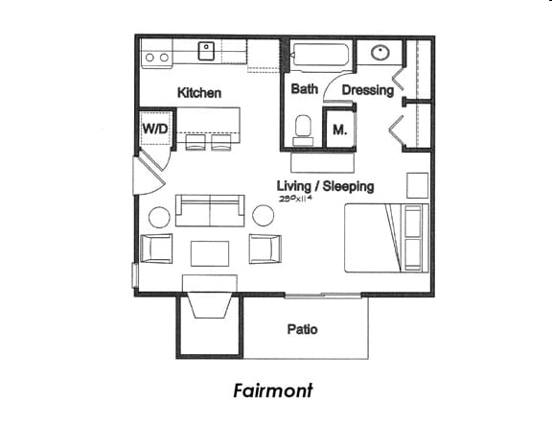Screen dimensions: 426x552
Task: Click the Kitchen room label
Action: coord(199,93)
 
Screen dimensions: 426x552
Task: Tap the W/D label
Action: coord(154,128)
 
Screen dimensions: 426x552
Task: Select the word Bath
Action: coord(305,89)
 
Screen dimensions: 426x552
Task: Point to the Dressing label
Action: coord(368,91)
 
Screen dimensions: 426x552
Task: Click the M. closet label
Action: coord(339,130)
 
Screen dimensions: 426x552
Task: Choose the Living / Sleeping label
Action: coord(325,186)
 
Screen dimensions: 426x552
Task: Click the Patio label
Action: coord(302,329)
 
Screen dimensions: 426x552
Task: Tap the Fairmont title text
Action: coord(272,390)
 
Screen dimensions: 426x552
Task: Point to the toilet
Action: coord(303,128)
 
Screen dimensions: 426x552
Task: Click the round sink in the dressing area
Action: coord(378,53)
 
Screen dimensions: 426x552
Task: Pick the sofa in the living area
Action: coord(211,210)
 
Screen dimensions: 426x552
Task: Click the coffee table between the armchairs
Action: coord(210,252)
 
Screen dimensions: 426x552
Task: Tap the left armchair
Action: coord(156,248)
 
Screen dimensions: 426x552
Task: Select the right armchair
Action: coord(265,248)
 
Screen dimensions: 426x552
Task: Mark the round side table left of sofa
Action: coord(159,217)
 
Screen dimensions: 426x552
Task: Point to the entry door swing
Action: coord(149,177)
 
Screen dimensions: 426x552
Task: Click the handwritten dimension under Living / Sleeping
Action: coord(297,199)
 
